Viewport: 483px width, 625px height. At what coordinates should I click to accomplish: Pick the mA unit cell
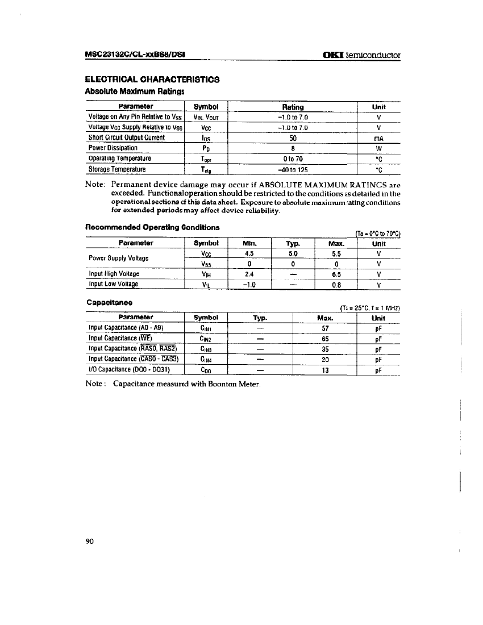[x=378, y=137]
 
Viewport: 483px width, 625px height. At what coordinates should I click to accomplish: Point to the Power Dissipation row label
[x=114, y=148]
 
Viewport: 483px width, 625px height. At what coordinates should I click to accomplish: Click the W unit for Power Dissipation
[x=378, y=148]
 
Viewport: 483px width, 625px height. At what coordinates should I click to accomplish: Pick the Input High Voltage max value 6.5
[x=336, y=274]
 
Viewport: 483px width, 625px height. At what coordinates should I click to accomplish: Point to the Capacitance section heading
[x=109, y=303]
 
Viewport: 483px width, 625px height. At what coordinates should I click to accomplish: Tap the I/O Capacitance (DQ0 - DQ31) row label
[x=130, y=370]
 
